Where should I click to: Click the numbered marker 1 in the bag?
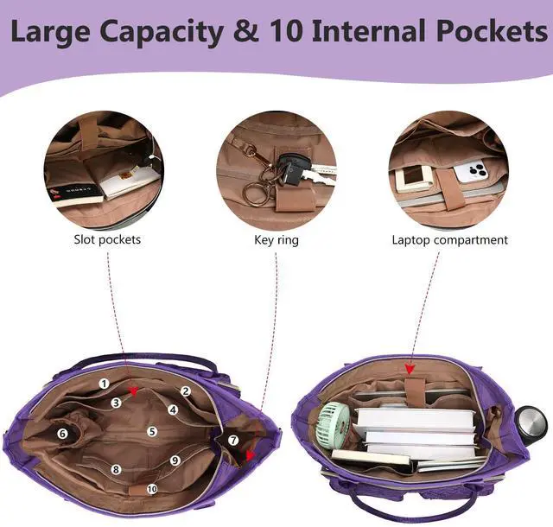[104, 383]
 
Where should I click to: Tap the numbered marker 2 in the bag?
[186, 391]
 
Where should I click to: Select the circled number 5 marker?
[151, 431]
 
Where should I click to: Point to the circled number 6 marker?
[62, 433]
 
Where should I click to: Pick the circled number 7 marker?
[233, 440]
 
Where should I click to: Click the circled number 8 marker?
[116, 469]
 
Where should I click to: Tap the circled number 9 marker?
[175, 460]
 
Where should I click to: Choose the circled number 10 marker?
[153, 488]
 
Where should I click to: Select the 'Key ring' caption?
[276, 239]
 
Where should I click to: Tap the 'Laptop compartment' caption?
[449, 239]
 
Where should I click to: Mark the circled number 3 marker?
[116, 403]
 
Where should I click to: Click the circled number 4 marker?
[173, 410]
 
